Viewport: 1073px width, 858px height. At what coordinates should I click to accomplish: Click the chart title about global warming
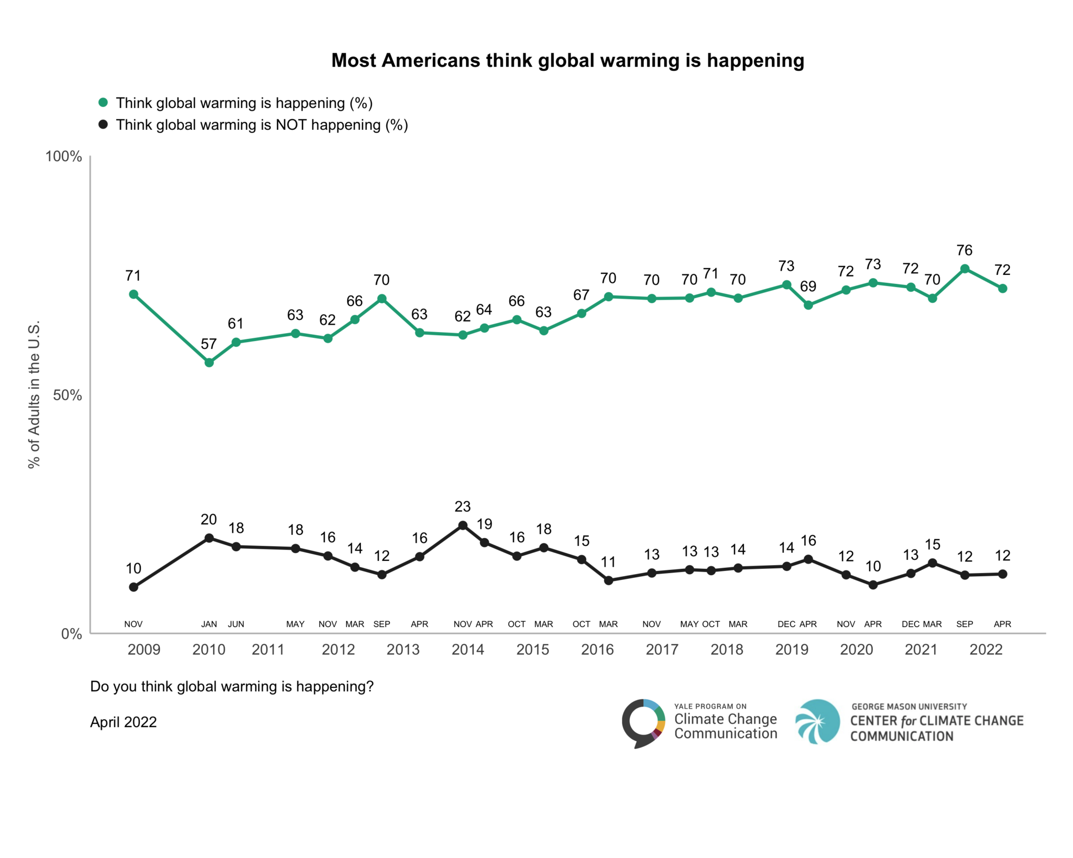tap(567, 61)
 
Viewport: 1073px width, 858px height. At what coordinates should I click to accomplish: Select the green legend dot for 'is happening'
tap(103, 103)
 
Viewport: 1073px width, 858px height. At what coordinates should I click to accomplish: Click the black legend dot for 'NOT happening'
tap(103, 125)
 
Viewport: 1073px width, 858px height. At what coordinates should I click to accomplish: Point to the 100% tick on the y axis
tap(63, 157)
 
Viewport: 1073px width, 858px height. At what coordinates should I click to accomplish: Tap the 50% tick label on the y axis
tap(67, 395)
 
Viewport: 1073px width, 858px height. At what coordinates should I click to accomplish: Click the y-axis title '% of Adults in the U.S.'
tap(34, 394)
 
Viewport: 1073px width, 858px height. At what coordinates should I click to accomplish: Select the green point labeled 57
tap(209, 362)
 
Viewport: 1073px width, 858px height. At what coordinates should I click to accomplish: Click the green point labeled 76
tap(965, 269)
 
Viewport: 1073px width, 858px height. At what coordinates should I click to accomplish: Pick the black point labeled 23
tap(463, 525)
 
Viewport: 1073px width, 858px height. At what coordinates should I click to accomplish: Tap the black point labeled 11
tap(608, 580)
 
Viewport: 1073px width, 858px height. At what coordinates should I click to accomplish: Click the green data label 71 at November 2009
tap(133, 276)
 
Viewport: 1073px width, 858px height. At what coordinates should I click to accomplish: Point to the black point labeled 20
tap(209, 538)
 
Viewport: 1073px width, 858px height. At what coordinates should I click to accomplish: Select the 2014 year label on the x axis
tap(467, 650)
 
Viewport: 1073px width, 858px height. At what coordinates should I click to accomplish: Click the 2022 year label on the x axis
tap(986, 650)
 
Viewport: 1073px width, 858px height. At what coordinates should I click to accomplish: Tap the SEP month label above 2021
tap(965, 624)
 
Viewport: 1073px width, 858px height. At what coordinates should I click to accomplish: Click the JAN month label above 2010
tap(209, 624)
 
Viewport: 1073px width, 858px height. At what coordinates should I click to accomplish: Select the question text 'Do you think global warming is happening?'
tap(232, 686)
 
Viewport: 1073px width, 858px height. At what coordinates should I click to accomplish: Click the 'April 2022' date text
tap(123, 722)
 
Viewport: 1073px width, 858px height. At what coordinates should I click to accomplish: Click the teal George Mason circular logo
tap(817, 721)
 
